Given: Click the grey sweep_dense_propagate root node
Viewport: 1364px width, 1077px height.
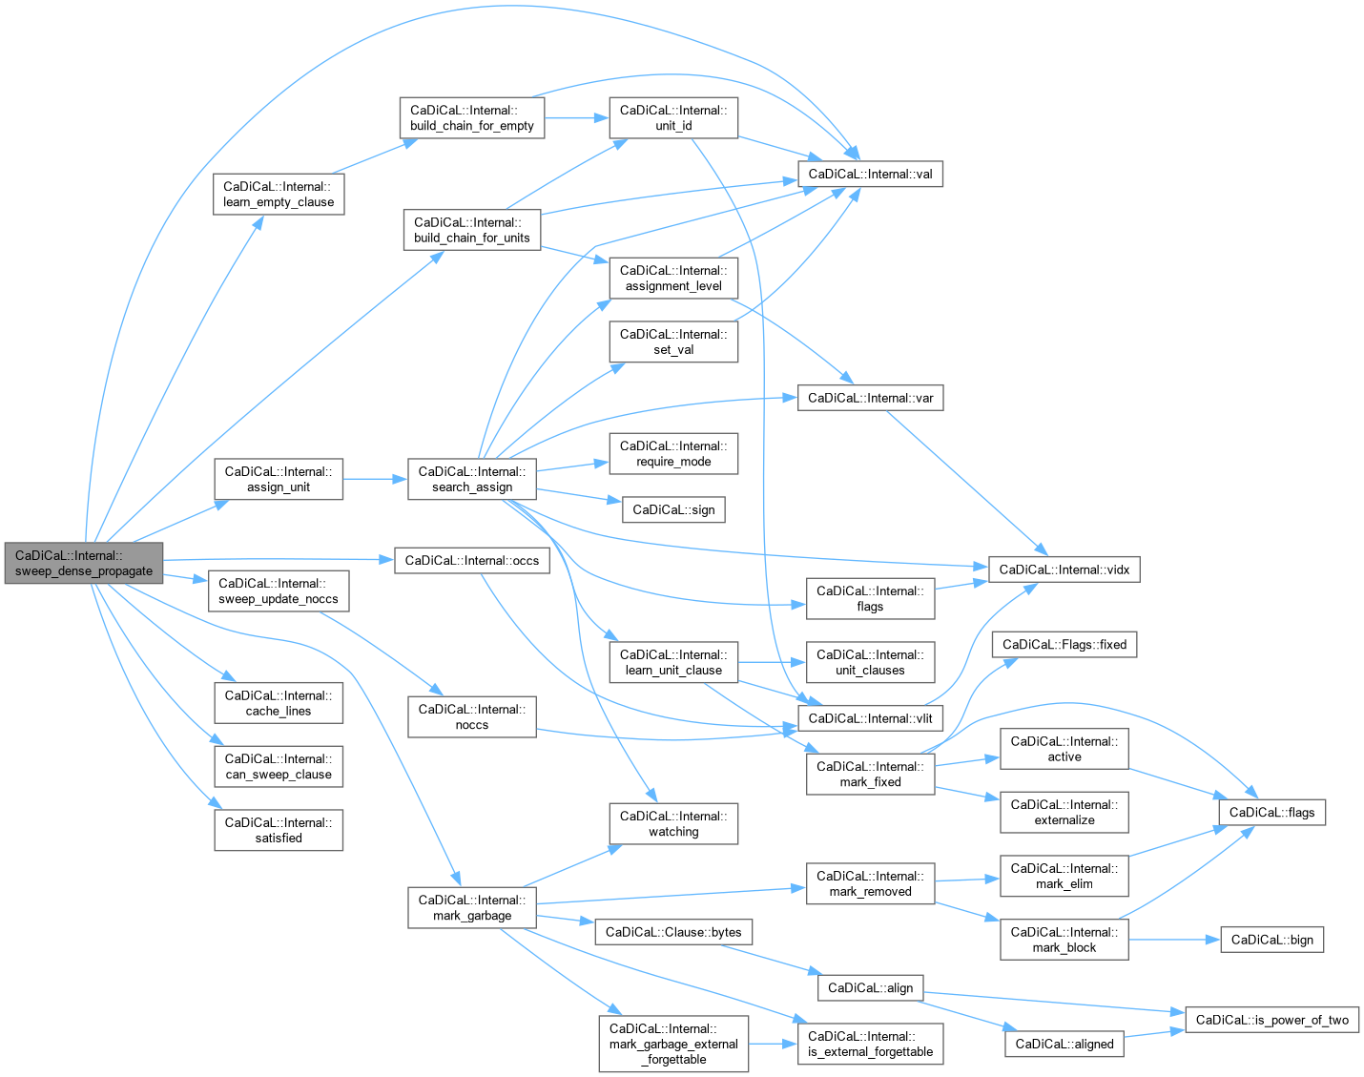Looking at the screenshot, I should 84,563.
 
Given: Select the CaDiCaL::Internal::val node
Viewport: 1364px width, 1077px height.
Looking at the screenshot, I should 870,174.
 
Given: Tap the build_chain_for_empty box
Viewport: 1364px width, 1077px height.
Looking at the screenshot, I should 471,117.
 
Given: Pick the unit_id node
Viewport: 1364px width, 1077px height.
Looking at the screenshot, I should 673,117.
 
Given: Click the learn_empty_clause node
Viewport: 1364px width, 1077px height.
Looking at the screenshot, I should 279,194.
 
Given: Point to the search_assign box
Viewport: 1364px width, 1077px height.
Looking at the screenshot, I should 471,479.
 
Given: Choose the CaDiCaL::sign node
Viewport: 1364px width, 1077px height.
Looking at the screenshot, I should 673,509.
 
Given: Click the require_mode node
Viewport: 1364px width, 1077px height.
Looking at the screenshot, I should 673,453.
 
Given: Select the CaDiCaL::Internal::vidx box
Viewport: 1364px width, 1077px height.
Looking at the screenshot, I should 1064,570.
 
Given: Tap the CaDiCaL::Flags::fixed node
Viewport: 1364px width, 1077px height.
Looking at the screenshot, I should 1064,644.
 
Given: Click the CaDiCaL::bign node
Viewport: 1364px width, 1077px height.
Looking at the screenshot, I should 1271,940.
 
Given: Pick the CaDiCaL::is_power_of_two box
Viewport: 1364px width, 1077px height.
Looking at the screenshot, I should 1271,1020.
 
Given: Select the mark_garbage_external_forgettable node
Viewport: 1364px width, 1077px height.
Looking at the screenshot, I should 673,1044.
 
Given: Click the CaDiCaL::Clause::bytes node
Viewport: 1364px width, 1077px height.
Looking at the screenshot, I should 673,932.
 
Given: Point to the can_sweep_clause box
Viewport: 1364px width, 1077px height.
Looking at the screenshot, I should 279,766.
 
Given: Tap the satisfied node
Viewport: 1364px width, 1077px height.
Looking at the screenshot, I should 279,830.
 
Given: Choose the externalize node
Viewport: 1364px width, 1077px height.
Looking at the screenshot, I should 1064,812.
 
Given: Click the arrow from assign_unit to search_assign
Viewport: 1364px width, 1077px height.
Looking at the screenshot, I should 375,479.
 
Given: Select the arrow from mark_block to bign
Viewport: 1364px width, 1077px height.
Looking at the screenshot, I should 1174,940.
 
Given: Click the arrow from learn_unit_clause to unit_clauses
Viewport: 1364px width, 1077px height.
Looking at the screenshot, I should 772,662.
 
